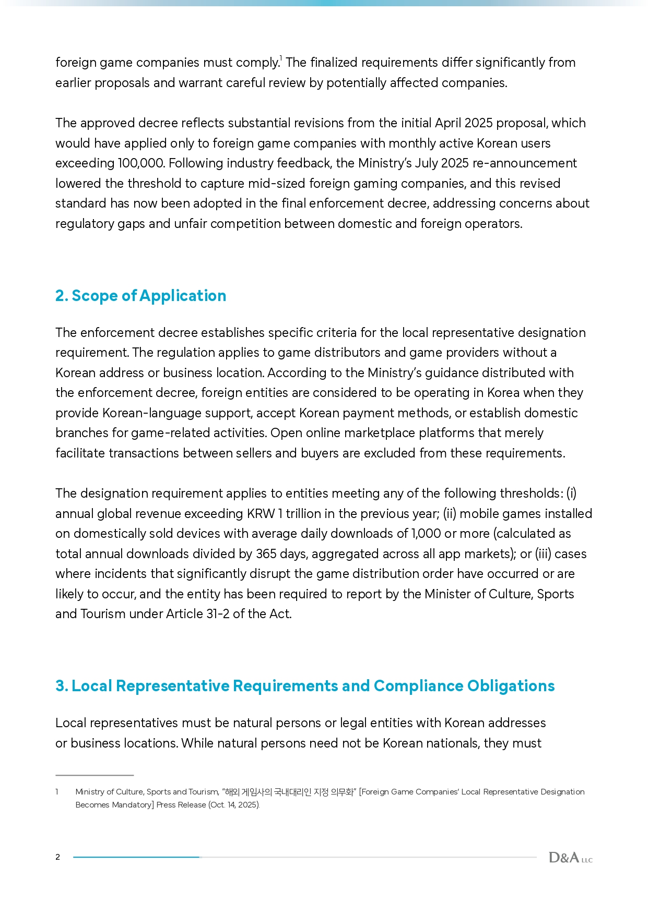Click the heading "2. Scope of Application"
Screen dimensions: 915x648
click(x=140, y=296)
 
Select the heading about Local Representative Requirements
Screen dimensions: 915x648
click(x=305, y=686)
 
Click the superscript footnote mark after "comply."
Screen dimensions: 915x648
click(x=281, y=58)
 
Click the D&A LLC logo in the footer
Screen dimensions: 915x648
click(x=570, y=857)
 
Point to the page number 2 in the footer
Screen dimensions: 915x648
click(x=58, y=857)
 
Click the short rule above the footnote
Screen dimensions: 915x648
click(x=95, y=775)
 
